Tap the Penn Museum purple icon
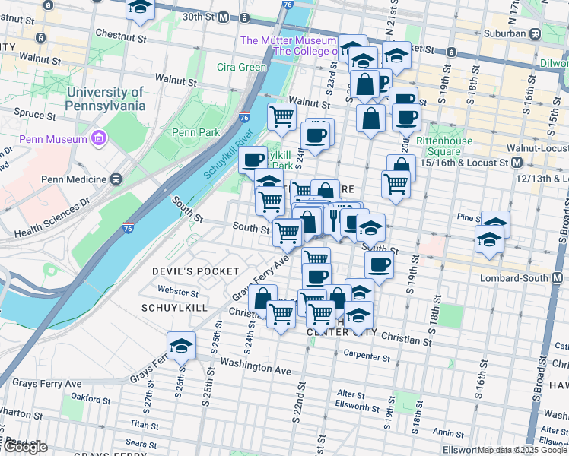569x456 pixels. click(97, 138)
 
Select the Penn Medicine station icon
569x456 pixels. click(116, 179)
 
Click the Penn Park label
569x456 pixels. click(195, 132)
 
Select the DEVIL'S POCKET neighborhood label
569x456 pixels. click(195, 271)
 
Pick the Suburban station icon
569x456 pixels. click(536, 33)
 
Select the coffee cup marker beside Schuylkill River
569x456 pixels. click(253, 159)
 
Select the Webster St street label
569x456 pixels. click(177, 290)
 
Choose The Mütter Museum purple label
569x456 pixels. click(288, 40)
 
